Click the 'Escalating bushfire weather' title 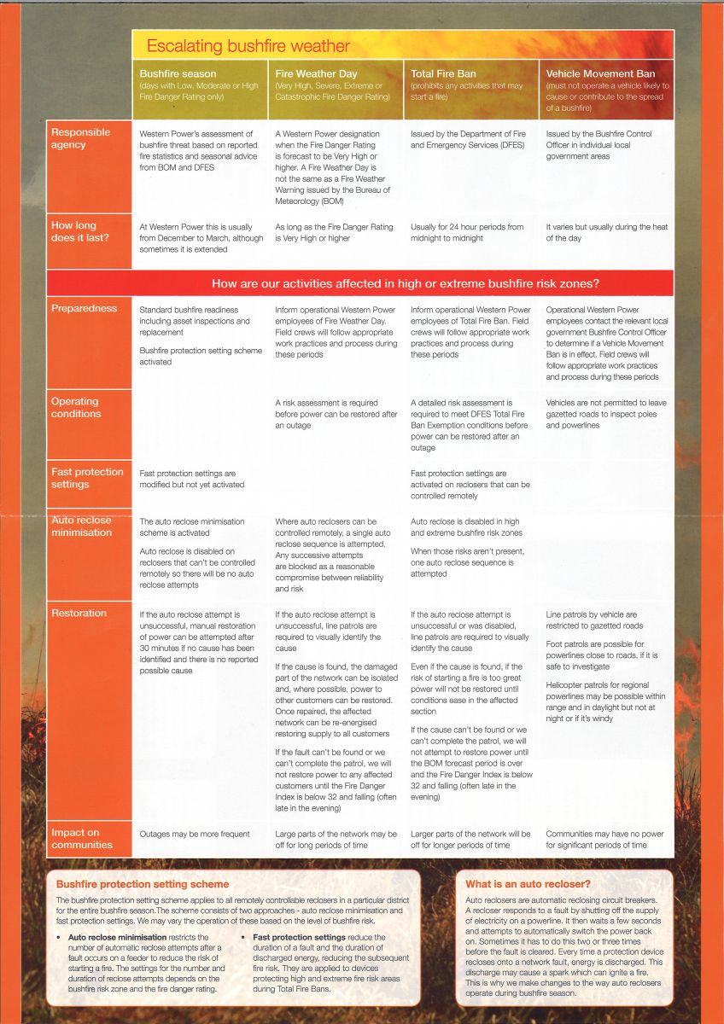(248, 46)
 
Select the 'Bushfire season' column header (178, 74)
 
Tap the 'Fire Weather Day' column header (316, 74)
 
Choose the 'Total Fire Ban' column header (443, 74)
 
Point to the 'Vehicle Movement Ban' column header (600, 74)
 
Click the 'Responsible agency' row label (81, 138)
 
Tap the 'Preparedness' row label (85, 308)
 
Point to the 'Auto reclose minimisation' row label (81, 526)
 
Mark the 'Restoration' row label (79, 613)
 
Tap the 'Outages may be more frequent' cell (195, 834)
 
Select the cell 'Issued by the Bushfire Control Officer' (599, 145)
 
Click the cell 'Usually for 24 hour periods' (467, 232)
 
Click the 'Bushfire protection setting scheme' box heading (143, 884)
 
